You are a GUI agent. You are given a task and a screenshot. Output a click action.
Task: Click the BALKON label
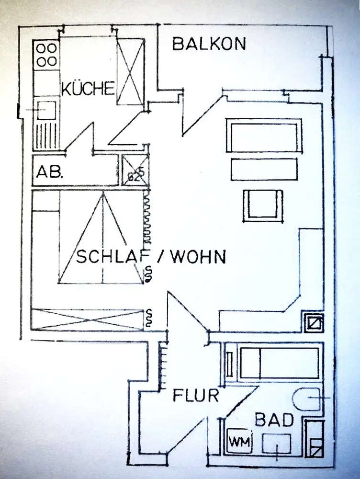tap(209, 44)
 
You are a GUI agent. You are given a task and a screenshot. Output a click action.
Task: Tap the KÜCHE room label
tap(88, 88)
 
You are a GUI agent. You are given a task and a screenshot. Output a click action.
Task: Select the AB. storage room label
tap(50, 172)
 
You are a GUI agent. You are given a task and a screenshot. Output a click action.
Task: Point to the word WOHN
tap(198, 257)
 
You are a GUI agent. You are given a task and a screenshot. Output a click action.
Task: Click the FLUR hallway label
tap(196, 396)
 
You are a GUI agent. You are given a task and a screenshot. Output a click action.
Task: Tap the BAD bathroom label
tap(274, 420)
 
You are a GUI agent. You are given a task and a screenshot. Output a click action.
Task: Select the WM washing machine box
tap(240, 441)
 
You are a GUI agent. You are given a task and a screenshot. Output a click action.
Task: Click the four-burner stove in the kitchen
tap(47, 55)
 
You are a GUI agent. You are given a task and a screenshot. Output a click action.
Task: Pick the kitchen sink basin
tap(46, 110)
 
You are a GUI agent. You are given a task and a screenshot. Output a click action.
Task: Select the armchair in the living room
tap(263, 205)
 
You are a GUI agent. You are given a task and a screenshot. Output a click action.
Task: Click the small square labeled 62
tap(135, 170)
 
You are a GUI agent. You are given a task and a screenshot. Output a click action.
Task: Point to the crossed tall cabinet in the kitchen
tap(130, 72)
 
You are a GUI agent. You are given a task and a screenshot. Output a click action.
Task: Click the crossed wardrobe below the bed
tap(88, 319)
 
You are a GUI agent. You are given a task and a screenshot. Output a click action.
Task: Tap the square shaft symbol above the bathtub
tap(313, 322)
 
